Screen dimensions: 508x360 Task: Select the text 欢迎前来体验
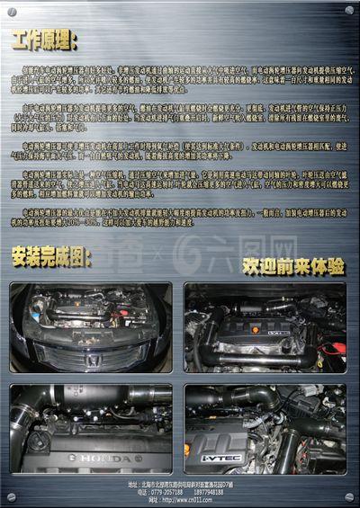[x=292, y=266]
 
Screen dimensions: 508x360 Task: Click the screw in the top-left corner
[x=11, y=10]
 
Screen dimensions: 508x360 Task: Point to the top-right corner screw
[x=349, y=10]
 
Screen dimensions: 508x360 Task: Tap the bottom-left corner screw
[x=11, y=497]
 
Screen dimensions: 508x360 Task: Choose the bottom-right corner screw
[x=349, y=497]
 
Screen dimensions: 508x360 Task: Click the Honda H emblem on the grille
[x=92, y=359]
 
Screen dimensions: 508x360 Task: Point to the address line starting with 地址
[x=180, y=485]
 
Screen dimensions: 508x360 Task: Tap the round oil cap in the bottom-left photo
[x=38, y=442]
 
